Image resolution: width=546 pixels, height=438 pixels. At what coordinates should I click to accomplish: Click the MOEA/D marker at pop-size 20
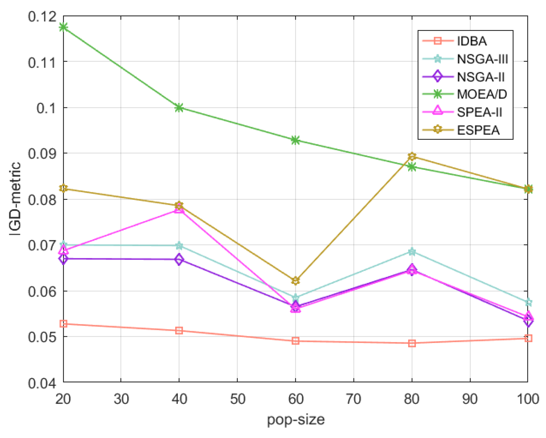tap(63, 27)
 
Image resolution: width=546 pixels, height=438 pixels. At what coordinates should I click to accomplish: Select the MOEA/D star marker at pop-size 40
tap(179, 108)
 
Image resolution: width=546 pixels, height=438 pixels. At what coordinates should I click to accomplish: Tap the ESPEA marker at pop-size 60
tap(295, 281)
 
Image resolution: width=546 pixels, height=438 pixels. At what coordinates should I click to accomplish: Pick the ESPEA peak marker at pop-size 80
tap(412, 157)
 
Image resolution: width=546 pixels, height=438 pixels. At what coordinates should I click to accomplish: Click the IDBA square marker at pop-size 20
tap(63, 324)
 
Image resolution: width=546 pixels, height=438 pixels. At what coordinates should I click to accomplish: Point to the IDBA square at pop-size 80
tap(412, 343)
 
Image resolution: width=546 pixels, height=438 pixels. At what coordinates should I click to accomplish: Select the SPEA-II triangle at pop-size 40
tap(179, 209)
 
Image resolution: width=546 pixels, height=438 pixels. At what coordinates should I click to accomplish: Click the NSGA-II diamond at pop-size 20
tap(63, 259)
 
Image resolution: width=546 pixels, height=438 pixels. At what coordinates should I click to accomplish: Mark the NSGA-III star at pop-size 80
tap(412, 252)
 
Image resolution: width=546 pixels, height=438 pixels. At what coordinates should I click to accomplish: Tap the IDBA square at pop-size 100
tap(528, 338)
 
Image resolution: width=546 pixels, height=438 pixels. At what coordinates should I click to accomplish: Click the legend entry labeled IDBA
tap(472, 41)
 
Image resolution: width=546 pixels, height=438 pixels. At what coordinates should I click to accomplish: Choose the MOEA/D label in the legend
tap(482, 94)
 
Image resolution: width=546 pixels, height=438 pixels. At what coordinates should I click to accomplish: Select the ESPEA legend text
tap(478, 130)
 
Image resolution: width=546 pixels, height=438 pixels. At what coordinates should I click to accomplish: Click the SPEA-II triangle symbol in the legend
tap(438, 112)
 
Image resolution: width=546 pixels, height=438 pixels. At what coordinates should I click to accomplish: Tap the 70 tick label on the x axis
tap(354, 399)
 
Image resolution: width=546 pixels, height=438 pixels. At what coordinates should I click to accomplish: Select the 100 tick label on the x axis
tap(528, 399)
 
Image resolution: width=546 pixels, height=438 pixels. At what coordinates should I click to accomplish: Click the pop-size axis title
tap(295, 420)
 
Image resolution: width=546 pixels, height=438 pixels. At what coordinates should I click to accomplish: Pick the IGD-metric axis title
tap(15, 199)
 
